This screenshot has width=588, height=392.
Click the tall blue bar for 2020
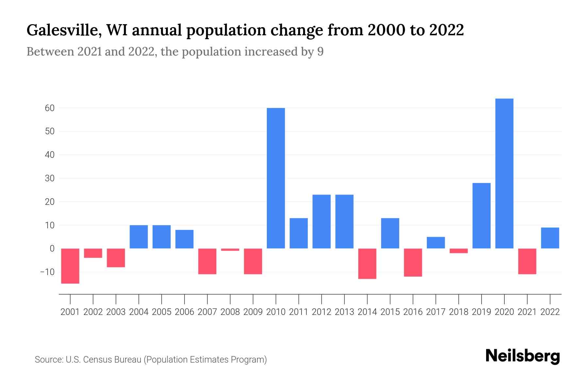(504, 173)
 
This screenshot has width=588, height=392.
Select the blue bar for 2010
(276, 178)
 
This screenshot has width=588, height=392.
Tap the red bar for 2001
(70, 266)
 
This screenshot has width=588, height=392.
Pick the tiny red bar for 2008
(230, 250)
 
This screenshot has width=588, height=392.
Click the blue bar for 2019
(481, 216)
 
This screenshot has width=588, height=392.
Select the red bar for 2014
(367, 263)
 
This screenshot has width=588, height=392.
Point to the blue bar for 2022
(550, 238)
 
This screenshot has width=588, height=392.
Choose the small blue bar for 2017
(435, 242)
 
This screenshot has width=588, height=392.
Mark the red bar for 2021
(527, 261)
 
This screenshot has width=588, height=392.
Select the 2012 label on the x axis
(321, 312)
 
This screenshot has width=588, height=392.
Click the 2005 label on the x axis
(161, 312)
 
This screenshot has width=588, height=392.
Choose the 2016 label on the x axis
(413, 312)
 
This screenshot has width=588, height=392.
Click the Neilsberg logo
(523, 356)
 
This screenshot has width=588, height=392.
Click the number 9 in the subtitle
(320, 52)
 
